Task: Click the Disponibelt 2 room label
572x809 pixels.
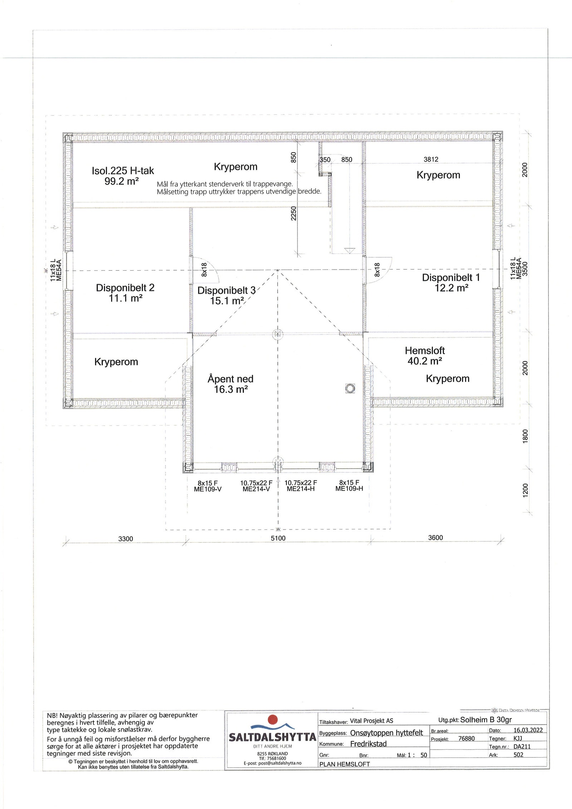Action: click(125, 288)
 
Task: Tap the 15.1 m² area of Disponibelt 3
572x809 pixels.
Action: click(227, 301)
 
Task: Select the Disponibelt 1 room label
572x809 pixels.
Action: click(451, 277)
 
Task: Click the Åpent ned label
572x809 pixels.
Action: click(230, 379)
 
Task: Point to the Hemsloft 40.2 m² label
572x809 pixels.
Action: click(425, 356)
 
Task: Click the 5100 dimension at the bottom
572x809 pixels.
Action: click(278, 538)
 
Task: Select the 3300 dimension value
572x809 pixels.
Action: click(125, 538)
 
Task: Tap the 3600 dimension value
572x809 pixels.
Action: click(435, 537)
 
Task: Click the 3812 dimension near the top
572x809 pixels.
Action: click(431, 159)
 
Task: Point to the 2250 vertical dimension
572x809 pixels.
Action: click(294, 213)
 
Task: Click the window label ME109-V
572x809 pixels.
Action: click(208, 489)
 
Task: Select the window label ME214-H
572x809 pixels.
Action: click(301, 489)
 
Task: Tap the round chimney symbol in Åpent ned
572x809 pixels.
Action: click(350, 388)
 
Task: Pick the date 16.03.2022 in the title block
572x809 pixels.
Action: click(528, 730)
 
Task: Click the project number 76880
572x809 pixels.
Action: click(467, 739)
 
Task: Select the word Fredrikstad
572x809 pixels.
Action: click(368, 744)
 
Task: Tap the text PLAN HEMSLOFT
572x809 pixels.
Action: click(345, 764)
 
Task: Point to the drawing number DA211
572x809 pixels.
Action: click(522, 746)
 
